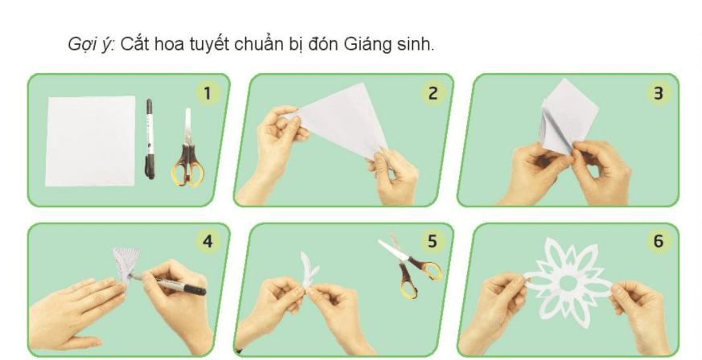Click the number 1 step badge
coord(207,93)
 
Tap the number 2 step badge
coord(432,93)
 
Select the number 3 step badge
coord(658,93)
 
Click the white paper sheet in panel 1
coord(90,140)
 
